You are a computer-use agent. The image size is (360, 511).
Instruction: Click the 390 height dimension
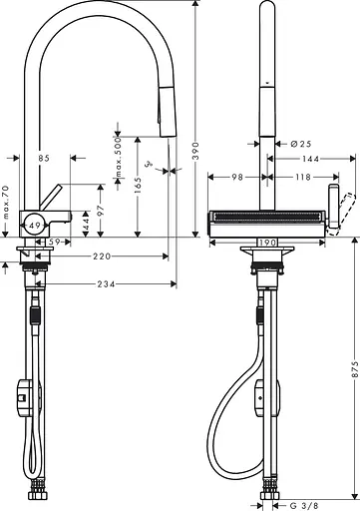point(196,151)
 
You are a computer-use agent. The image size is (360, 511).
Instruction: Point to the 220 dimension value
point(100,256)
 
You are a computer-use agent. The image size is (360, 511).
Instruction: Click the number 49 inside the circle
point(35,226)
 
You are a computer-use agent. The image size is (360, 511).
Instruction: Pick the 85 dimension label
point(44,157)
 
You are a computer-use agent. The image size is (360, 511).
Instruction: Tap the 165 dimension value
point(137,184)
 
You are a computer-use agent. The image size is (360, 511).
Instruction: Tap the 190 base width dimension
point(266,243)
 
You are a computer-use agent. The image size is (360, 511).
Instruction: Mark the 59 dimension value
point(57,242)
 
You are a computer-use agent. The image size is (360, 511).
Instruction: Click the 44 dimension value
point(86,228)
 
